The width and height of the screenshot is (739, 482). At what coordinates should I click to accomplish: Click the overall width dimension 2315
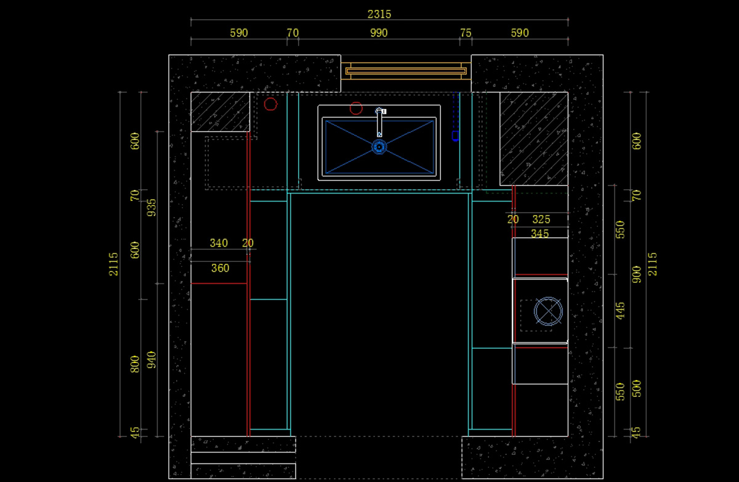pyautogui.click(x=379, y=14)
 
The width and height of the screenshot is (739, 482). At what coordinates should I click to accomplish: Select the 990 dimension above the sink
pyautogui.click(x=379, y=33)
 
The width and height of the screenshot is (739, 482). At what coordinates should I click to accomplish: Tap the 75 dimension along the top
pyautogui.click(x=466, y=33)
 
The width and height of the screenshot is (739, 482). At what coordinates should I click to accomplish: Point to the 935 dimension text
pyautogui.click(x=151, y=208)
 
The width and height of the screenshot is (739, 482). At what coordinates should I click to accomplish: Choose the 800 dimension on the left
pyautogui.click(x=135, y=364)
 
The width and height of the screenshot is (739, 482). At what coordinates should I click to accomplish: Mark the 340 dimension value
pyautogui.click(x=219, y=243)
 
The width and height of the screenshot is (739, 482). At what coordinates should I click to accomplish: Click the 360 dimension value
pyautogui.click(x=220, y=268)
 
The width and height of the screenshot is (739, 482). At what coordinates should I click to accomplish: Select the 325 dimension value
pyautogui.click(x=541, y=219)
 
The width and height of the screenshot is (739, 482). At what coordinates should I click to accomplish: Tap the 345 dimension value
pyautogui.click(x=539, y=234)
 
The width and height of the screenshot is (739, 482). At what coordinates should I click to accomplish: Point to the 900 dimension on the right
pyautogui.click(x=637, y=274)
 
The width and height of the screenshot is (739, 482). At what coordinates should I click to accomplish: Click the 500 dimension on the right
pyautogui.click(x=637, y=388)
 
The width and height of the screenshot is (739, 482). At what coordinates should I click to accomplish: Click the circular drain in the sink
pyautogui.click(x=379, y=147)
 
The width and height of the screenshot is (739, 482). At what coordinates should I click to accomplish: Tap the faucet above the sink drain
pyautogui.click(x=380, y=120)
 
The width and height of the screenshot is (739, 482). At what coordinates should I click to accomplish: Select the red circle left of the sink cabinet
pyautogui.click(x=270, y=104)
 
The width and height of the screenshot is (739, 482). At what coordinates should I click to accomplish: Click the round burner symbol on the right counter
pyautogui.click(x=548, y=311)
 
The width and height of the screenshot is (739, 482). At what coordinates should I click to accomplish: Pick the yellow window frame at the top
pyautogui.click(x=406, y=71)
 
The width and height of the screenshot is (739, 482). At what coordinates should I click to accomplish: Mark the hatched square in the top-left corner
pyautogui.click(x=220, y=112)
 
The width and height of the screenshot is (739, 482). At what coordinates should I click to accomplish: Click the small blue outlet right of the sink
pyautogui.click(x=455, y=136)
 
